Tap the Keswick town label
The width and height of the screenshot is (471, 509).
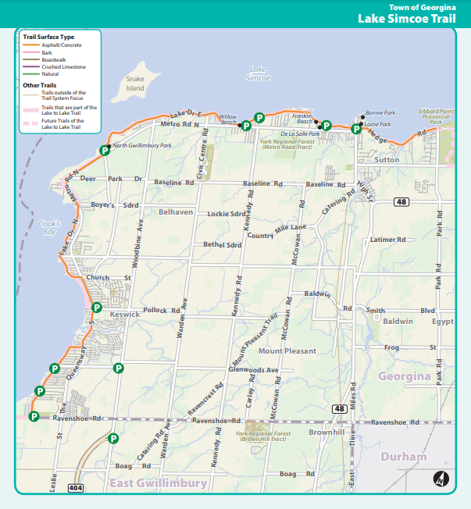[x=124, y=314]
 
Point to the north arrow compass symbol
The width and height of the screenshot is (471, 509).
[x=440, y=479]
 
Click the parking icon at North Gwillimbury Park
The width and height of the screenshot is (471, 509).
[x=105, y=151]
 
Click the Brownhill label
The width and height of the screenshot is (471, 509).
[x=326, y=432]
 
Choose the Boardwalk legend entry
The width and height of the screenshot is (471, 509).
[x=54, y=59]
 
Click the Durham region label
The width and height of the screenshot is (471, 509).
[x=404, y=456]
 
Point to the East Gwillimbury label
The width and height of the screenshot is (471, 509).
[x=159, y=483]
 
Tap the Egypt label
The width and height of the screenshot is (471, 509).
[x=443, y=321]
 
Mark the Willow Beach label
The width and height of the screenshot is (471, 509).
[x=228, y=119]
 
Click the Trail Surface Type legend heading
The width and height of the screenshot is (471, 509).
[x=48, y=37]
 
